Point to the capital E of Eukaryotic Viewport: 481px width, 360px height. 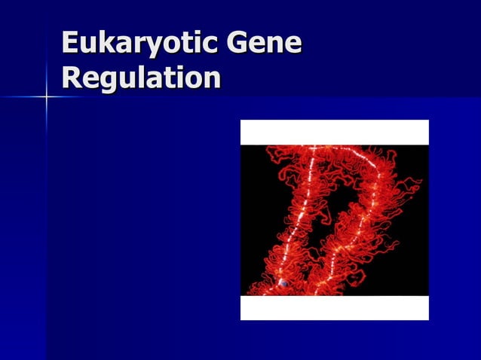coord(71,43)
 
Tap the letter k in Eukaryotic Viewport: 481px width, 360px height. coord(105,43)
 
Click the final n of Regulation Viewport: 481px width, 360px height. coord(212,79)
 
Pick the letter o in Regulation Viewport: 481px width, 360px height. coord(195,79)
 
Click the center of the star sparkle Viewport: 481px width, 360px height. coord(46,97)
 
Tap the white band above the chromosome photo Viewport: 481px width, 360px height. coord(334,132)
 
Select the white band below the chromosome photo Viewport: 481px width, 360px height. coord(334,307)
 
